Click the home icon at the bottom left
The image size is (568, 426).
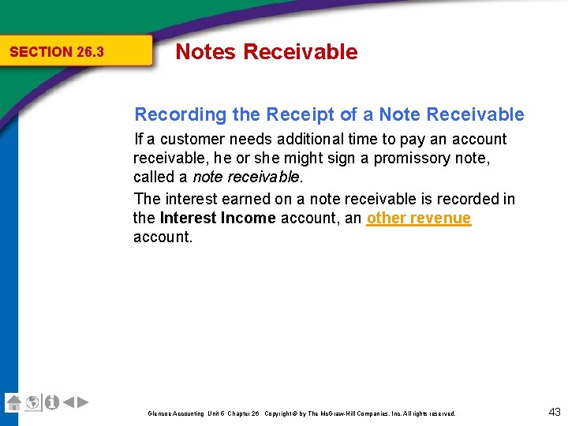(13, 402)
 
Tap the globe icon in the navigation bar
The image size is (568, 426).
(32, 402)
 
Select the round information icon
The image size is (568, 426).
(51, 402)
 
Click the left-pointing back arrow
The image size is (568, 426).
(69, 402)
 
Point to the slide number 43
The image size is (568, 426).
(554, 411)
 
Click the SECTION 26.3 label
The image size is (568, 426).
(56, 52)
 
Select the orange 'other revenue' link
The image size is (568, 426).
(419, 219)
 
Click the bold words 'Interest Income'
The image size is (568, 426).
(218, 219)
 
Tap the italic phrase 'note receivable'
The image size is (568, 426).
(246, 177)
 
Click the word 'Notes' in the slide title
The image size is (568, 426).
(205, 52)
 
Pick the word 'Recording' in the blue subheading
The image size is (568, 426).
(181, 114)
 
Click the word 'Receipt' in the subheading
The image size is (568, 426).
(301, 114)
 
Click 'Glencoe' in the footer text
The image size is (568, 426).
(159, 413)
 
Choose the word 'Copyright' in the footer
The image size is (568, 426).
(280, 413)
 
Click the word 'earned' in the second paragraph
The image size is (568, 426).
(244, 199)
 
